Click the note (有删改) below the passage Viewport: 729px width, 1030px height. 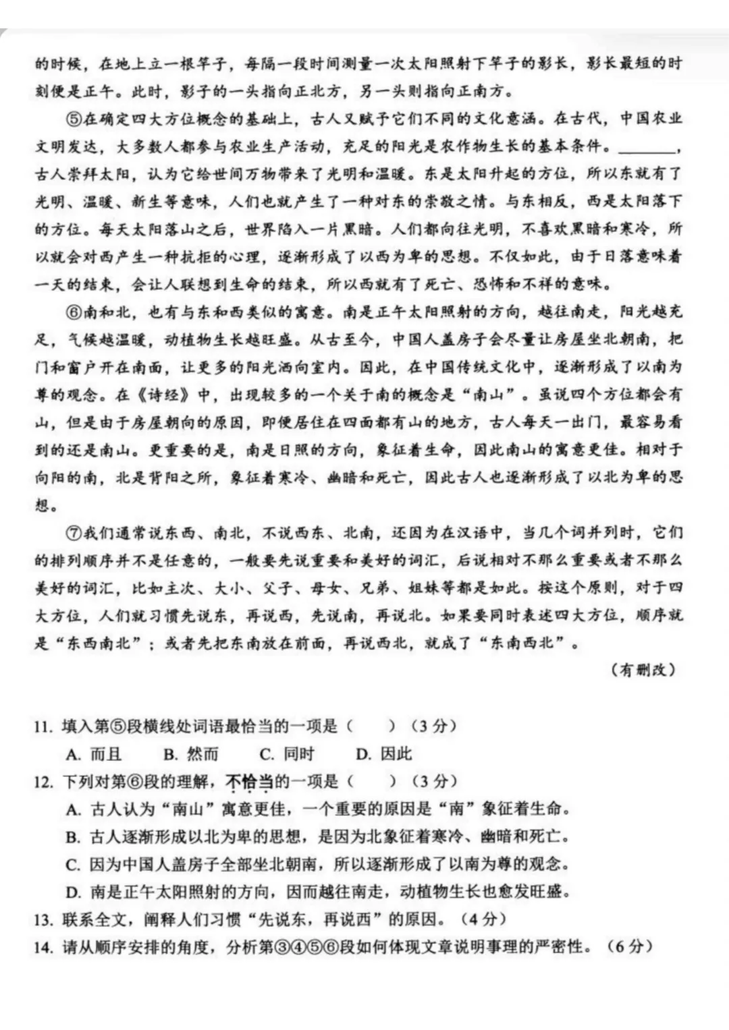643,670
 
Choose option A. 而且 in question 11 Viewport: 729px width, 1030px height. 94,754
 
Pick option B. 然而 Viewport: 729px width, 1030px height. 191,754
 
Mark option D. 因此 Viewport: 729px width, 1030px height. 383,754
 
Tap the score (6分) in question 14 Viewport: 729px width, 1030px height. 630,946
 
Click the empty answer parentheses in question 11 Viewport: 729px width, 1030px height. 372,726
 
